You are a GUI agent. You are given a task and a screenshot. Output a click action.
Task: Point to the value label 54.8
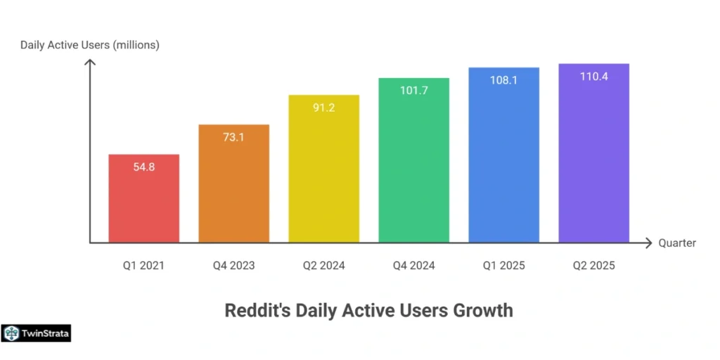[143, 167]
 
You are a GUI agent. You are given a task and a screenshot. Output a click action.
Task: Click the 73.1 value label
[233, 137]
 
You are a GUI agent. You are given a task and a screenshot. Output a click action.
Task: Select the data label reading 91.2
[323, 108]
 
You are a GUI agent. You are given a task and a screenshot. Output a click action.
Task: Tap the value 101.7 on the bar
[413, 91]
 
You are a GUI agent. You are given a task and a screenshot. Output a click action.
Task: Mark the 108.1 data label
[503, 80]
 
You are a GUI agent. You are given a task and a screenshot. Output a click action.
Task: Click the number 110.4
[593, 77]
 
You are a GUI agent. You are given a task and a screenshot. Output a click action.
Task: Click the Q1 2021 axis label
[143, 266]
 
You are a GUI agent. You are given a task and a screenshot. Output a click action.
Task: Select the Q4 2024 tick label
[413, 266]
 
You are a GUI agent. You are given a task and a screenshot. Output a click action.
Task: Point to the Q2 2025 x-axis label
[593, 266]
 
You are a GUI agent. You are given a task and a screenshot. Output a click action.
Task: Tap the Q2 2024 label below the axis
[323, 266]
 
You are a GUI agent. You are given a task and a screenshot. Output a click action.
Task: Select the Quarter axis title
[677, 243]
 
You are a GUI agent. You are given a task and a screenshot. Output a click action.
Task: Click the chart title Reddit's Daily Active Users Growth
[368, 310]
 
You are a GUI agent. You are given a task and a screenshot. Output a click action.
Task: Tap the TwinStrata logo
[37, 333]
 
